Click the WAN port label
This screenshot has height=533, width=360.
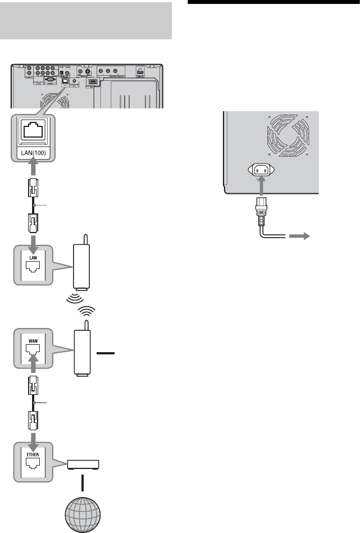(x=32, y=340)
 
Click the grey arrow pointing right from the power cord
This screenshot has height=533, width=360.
(x=299, y=237)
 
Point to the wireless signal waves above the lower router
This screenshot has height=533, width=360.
(x=85, y=311)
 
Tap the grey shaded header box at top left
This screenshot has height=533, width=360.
(x=85, y=20)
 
